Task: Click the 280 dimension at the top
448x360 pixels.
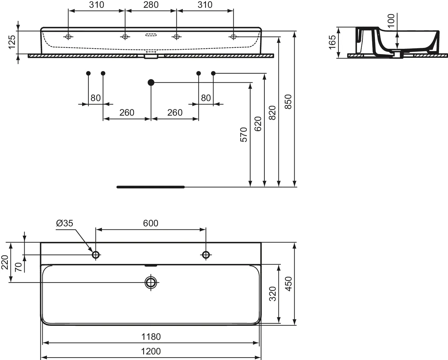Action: pos(151,5)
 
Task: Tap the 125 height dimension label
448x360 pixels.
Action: pos(12,42)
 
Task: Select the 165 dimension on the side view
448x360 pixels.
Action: pos(332,42)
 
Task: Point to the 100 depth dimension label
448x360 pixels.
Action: pos(391,21)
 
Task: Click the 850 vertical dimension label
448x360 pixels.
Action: pos(288,102)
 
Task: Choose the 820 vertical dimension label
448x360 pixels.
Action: pos(272,113)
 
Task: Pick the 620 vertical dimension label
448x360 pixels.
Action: pos(258,124)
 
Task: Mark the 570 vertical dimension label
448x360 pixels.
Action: pos(244,135)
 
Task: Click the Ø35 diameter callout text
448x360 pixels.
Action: pos(64,223)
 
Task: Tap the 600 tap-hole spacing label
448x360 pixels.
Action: pos(151,223)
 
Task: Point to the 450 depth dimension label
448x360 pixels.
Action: pos(288,284)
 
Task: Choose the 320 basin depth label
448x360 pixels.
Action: pos(273,294)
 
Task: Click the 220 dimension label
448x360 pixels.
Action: pos(5,262)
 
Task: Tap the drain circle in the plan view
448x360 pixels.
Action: pos(151,282)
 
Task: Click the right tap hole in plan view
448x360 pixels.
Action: pos(206,255)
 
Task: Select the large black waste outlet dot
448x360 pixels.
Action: pos(151,83)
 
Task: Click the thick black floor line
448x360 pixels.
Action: pos(151,187)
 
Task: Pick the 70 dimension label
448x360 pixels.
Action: pos(19,267)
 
